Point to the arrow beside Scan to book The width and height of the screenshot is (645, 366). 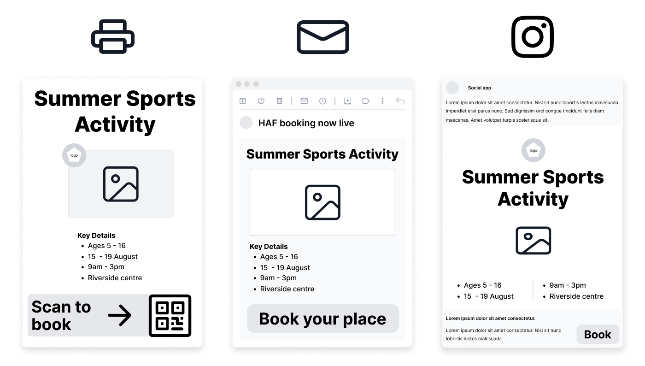tap(120, 315)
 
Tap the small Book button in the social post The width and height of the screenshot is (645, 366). tap(598, 334)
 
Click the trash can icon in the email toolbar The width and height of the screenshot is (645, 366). tap(279, 101)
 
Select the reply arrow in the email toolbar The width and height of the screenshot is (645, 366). tap(400, 100)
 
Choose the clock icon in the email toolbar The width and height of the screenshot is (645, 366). tap(322, 101)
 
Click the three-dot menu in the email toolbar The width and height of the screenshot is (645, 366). tap(382, 101)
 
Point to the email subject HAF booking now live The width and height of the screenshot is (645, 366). tap(306, 123)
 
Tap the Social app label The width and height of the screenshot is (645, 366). tap(480, 88)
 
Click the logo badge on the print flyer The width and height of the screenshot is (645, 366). tap(74, 155)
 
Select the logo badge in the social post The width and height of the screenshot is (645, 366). tap(534, 150)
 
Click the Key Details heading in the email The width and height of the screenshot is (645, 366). tap(269, 247)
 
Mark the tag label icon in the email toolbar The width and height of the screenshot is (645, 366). tap(366, 101)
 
